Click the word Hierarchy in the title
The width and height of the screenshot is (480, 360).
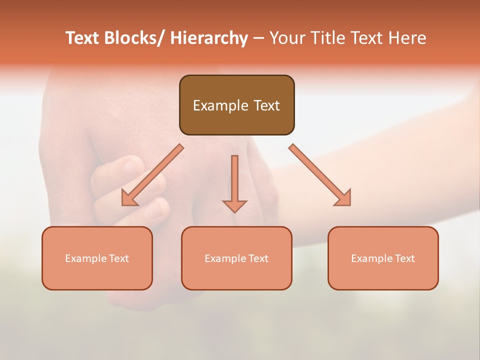(x=209, y=38)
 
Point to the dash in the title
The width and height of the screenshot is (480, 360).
(x=258, y=38)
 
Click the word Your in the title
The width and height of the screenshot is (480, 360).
(x=286, y=38)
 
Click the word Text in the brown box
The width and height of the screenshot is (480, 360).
(x=266, y=105)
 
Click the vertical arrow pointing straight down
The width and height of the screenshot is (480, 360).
(x=234, y=182)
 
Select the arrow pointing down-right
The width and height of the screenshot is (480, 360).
(x=320, y=175)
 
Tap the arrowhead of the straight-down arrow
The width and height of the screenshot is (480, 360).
(x=234, y=206)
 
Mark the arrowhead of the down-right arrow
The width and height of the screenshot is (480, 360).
(x=343, y=198)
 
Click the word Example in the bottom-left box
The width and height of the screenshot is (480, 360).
(x=86, y=258)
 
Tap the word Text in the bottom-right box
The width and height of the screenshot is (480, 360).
(x=404, y=258)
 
